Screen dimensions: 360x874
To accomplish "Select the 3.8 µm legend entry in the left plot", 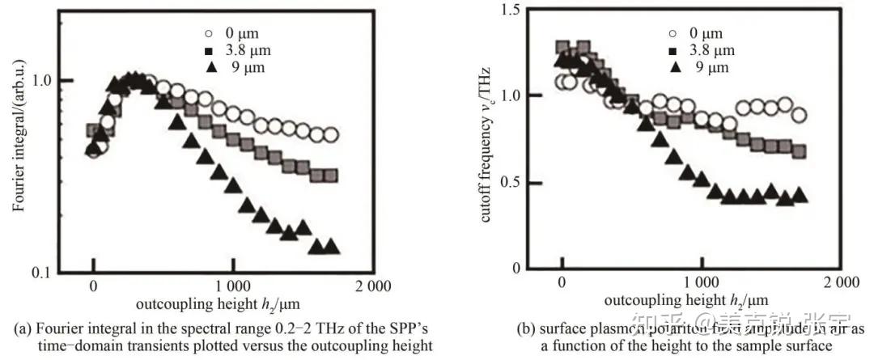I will [x=233, y=51].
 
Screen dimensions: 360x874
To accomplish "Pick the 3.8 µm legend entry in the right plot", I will [x=700, y=51].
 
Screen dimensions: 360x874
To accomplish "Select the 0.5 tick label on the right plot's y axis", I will [x=511, y=182].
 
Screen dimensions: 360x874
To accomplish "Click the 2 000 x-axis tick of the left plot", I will [x=372, y=286].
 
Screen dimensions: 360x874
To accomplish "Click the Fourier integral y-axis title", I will [x=17, y=149].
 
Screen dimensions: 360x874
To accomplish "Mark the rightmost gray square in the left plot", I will [x=330, y=176].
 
